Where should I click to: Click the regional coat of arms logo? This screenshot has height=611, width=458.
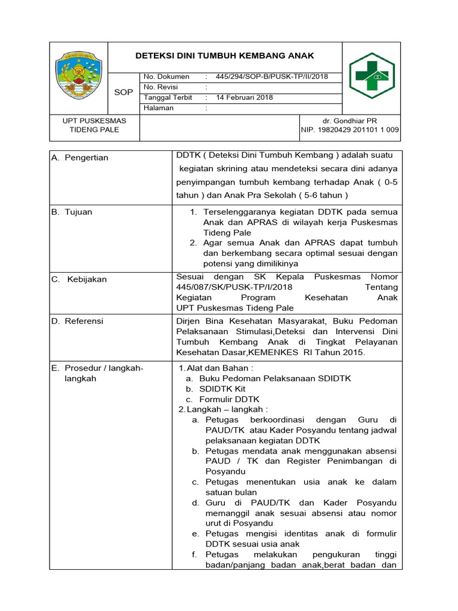coord(78,75)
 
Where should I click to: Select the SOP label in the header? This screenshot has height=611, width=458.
coord(123,92)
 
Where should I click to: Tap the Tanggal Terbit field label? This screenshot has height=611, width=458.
coord(165,97)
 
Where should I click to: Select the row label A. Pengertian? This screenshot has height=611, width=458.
coord(80,158)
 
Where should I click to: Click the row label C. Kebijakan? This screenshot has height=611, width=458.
coord(79,279)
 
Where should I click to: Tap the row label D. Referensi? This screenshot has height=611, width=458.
coord(78,321)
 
